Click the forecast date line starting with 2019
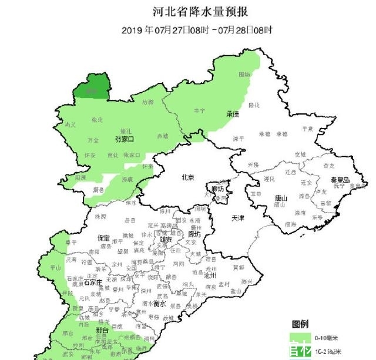(x=197, y=29)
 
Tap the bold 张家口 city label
(x=125, y=139)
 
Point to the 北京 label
(x=187, y=177)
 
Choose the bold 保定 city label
(x=103, y=238)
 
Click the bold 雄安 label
(x=166, y=240)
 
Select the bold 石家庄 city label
(x=95, y=282)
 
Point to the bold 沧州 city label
(x=210, y=275)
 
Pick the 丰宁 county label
(x=199, y=110)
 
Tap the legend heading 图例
(x=300, y=324)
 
